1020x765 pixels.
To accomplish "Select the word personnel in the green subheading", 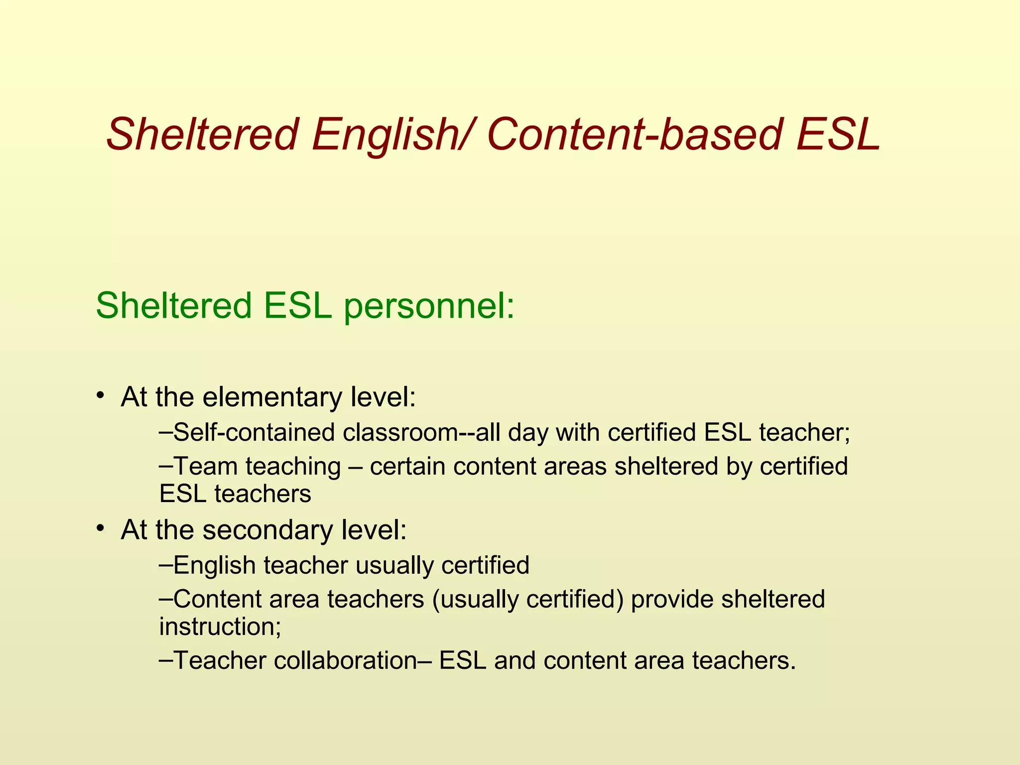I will pos(429,306).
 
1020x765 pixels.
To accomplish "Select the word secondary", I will pos(268,529).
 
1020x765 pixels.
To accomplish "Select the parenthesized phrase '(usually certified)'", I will pos(528,599).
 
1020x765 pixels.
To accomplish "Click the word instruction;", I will pos(220,627).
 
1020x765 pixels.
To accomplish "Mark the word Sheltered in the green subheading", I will pos(174,306).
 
